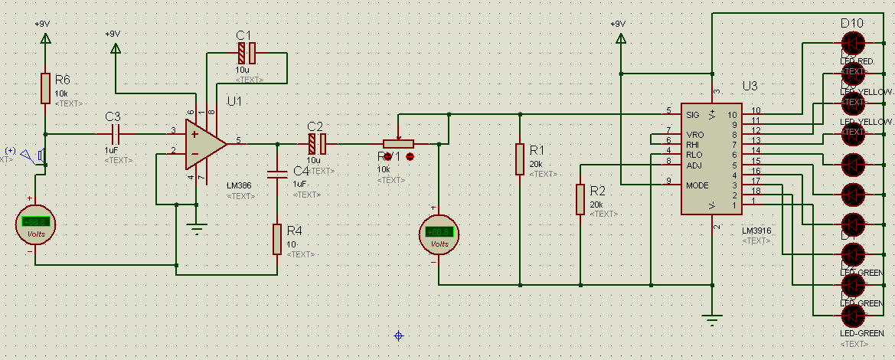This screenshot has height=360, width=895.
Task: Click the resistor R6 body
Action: pos(44,88)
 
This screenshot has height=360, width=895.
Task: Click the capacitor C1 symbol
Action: pos(246,53)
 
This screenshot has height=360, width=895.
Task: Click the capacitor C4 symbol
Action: pos(277,172)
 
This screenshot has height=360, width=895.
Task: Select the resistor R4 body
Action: pos(277,239)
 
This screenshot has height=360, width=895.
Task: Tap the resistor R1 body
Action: pos(520,159)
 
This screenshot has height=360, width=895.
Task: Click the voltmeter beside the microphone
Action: pos(36,224)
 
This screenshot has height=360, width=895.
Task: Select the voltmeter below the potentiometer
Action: pos(439,233)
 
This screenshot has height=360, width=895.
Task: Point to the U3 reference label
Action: pos(750,86)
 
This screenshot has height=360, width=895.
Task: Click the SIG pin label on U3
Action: pos(693,115)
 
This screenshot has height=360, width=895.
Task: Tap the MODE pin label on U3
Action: pos(697,185)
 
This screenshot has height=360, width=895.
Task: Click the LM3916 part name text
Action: pos(756,230)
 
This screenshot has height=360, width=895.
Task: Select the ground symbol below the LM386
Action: pos(198,227)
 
